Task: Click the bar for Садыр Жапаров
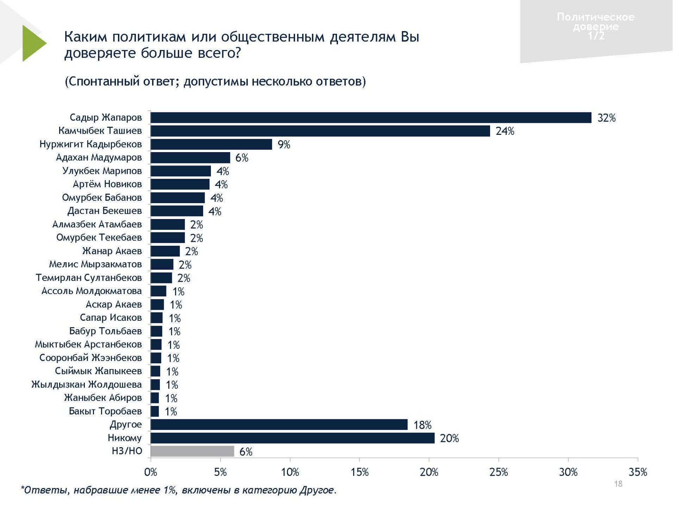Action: (x=371, y=118)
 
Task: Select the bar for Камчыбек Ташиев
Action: (x=320, y=131)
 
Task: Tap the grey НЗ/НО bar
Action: (x=192, y=451)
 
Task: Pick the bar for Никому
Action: (x=292, y=438)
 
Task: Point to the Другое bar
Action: (x=279, y=425)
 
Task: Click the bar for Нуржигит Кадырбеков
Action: (x=211, y=144)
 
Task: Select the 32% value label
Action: (x=606, y=118)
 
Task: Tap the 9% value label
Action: (x=284, y=145)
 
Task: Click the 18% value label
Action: (x=422, y=425)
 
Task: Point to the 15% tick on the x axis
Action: (x=359, y=472)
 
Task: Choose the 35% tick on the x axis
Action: (x=638, y=472)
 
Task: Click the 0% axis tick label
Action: (x=151, y=472)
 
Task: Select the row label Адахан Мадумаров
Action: (x=99, y=157)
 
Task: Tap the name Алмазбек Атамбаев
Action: (x=97, y=224)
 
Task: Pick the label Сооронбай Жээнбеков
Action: (x=90, y=358)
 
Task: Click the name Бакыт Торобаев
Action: (x=105, y=411)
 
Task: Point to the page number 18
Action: (x=618, y=484)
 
